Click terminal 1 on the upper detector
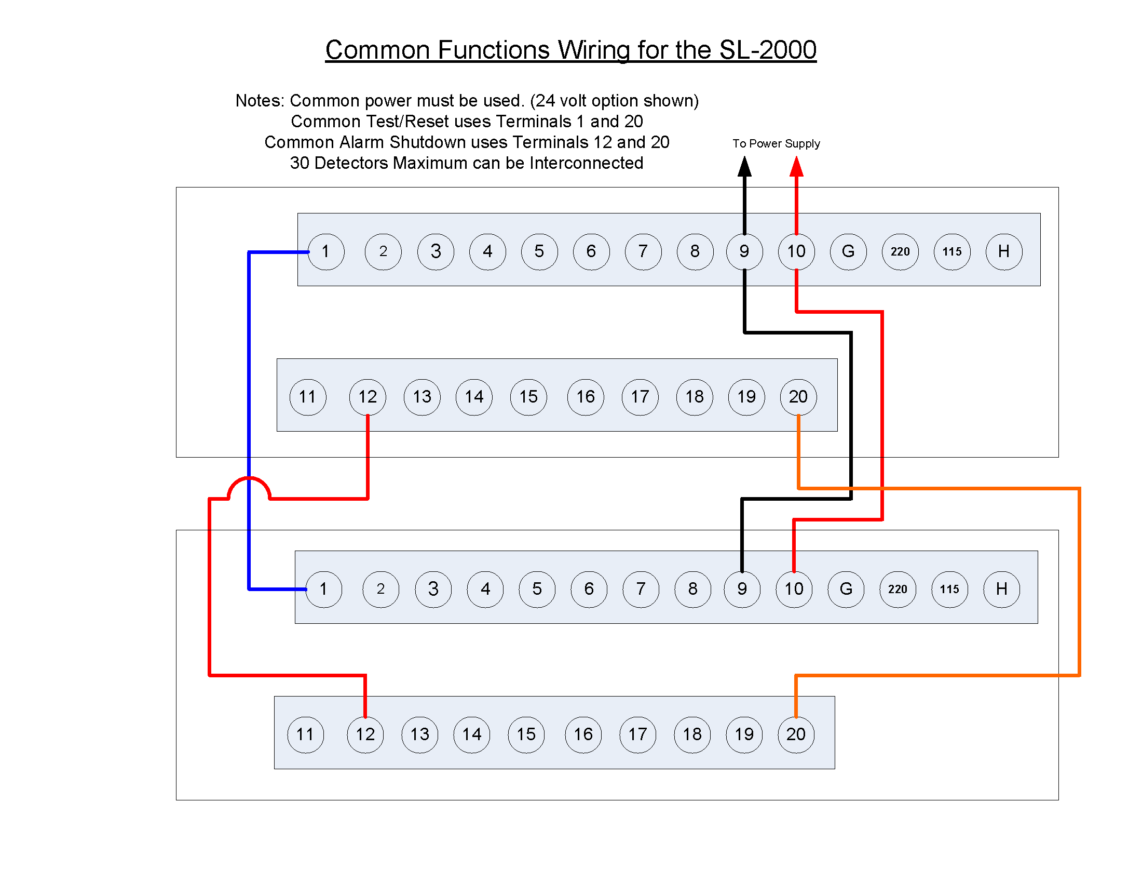[x=326, y=251]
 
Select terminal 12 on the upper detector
[x=368, y=397]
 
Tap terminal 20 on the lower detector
[x=796, y=734]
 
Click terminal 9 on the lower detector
[x=742, y=589]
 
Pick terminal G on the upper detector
[x=848, y=251]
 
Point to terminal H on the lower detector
[x=1001, y=589]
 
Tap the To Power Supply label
[x=776, y=143]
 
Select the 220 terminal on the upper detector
[x=900, y=251]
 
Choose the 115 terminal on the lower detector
[x=949, y=589]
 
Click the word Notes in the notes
[x=260, y=100]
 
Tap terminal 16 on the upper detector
[x=586, y=397]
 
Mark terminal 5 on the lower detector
[x=537, y=589]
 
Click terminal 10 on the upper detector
[x=796, y=251]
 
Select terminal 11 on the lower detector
[x=305, y=734]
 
